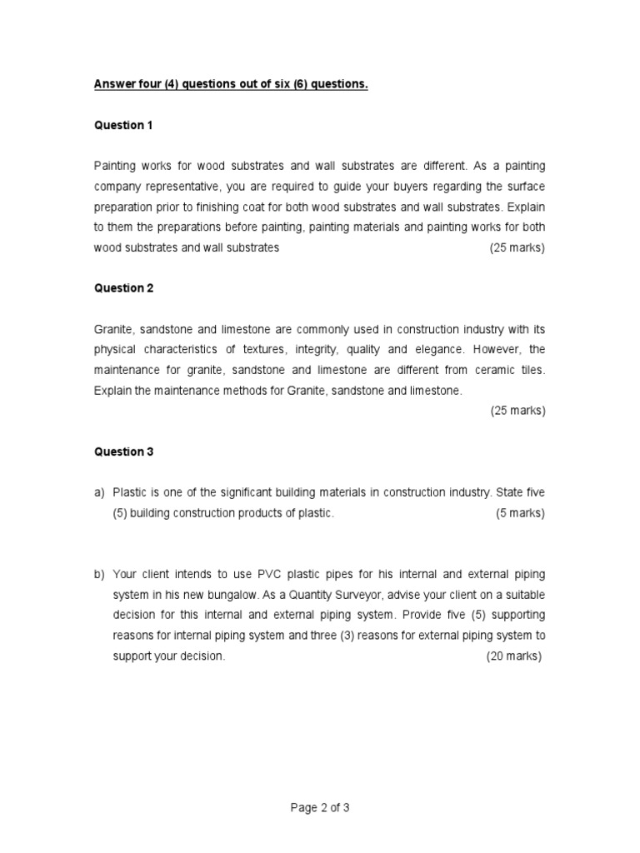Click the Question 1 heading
click(123, 125)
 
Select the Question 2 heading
click(123, 288)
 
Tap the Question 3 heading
click(123, 451)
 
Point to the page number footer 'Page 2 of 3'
click(320, 807)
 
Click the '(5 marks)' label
click(520, 513)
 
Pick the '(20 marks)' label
click(514, 656)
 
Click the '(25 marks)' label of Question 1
click(517, 247)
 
